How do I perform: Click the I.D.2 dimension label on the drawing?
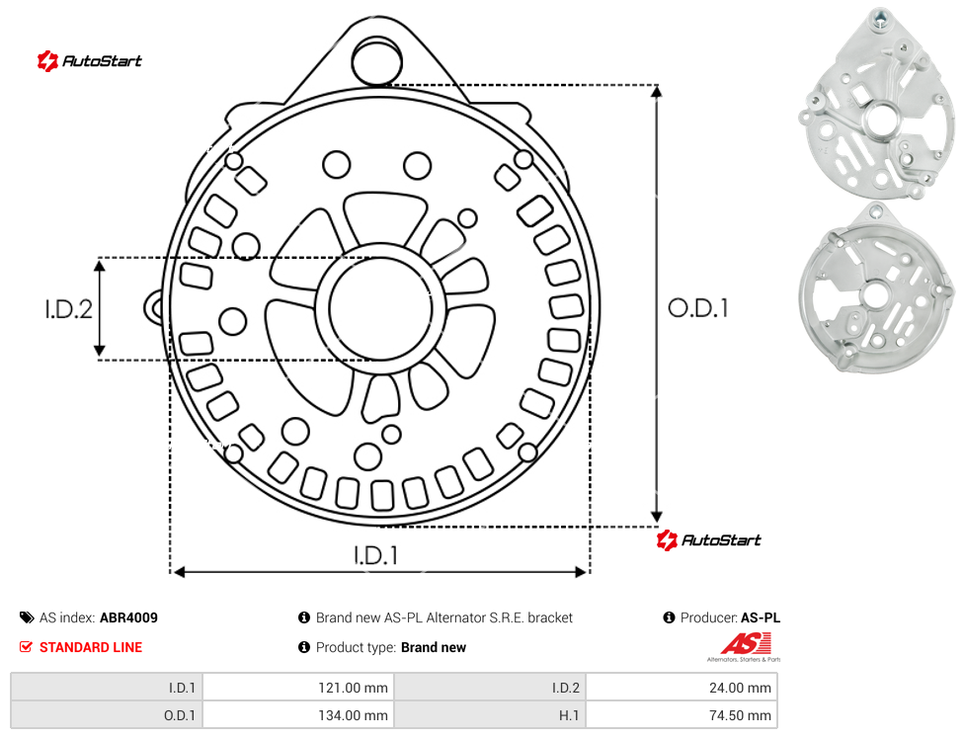[68, 308]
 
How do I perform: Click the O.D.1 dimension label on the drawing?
[698, 308]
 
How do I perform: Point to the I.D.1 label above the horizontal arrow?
[375, 555]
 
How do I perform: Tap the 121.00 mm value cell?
[298, 688]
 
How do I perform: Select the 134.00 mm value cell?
[298, 715]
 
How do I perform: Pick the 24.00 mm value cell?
[682, 688]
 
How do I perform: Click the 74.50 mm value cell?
[682, 715]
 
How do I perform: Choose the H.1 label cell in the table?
[490, 715]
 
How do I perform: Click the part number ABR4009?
[128, 617]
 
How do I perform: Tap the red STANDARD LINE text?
[91, 647]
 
